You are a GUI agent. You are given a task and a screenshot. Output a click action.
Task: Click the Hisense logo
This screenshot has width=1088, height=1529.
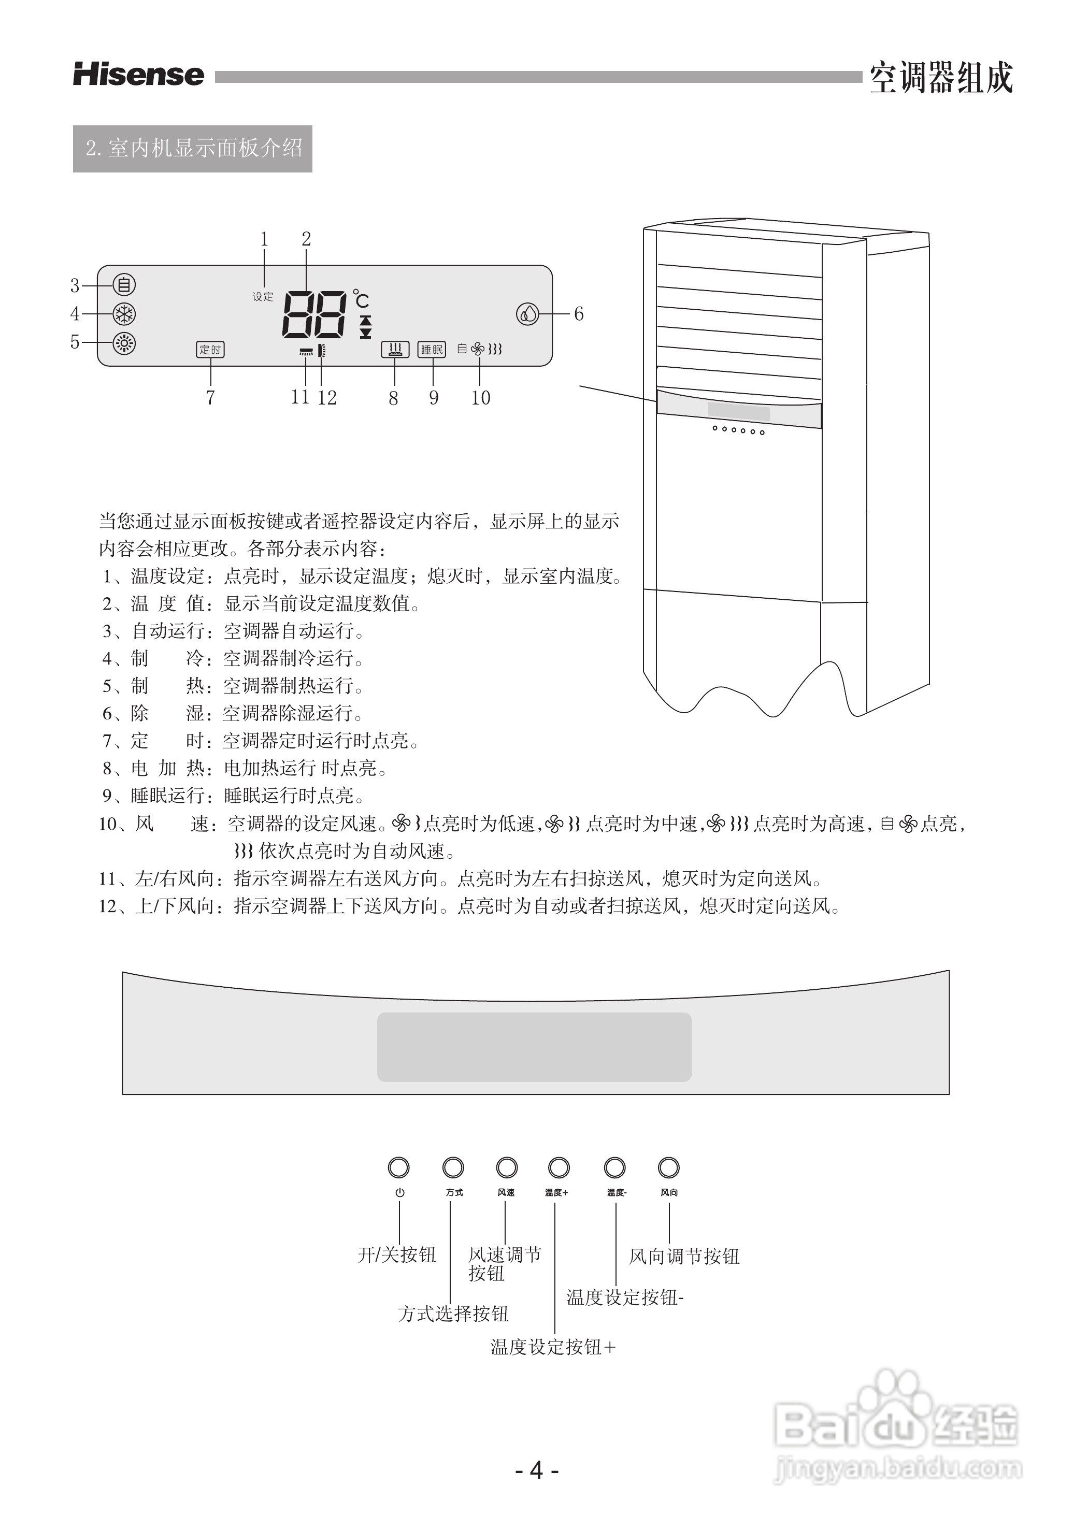point(139,75)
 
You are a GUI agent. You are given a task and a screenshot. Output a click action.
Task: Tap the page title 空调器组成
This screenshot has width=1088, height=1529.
point(941,78)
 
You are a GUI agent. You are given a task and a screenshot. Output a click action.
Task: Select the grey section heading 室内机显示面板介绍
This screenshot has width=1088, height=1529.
point(193,148)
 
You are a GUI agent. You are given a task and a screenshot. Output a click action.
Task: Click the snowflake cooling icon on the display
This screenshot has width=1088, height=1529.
point(124,313)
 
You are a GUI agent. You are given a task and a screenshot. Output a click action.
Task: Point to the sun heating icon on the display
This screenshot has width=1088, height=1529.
point(124,343)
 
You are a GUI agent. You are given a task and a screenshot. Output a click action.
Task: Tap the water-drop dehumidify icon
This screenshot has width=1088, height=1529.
point(528,313)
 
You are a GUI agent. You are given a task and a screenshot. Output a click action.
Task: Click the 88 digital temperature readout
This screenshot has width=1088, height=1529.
point(314,315)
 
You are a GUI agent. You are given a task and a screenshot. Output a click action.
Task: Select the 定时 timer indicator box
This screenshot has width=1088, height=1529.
point(210,350)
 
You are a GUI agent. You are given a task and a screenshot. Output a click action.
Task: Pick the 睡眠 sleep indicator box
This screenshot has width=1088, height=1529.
point(432,350)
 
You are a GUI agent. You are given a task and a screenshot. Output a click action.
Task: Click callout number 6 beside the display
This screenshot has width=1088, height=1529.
point(579,313)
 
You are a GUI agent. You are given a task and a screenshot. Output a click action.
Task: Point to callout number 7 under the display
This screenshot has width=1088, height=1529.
point(210,398)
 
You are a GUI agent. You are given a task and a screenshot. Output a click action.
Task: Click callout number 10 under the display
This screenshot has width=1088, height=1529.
point(480,398)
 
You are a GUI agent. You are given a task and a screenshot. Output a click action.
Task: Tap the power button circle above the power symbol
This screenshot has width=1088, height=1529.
point(398,1167)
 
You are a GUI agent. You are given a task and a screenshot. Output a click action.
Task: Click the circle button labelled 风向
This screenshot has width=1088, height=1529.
point(669,1167)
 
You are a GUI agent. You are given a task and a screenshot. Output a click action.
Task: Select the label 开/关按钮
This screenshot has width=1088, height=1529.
point(397,1254)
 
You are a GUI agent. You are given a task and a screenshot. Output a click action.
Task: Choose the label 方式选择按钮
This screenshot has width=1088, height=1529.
point(453,1314)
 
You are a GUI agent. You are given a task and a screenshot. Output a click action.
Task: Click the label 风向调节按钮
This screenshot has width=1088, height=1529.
point(684,1257)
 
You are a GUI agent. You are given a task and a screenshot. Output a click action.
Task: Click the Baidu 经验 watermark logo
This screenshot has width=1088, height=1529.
point(898,1433)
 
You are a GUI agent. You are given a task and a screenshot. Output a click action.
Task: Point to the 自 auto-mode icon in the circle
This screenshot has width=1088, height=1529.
point(124,285)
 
